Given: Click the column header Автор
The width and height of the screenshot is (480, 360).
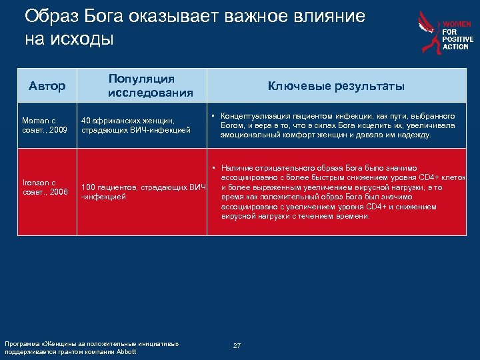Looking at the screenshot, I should (x=47, y=86).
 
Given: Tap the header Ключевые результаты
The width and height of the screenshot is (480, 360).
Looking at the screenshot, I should (x=336, y=86).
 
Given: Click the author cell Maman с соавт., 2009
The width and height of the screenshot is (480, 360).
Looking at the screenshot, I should (x=45, y=125).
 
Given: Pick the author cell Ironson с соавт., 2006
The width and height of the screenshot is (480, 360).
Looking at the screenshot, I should (x=45, y=187).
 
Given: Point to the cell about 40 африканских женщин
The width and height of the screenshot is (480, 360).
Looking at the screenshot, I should (x=136, y=125).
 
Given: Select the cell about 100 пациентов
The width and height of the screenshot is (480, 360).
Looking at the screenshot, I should (x=142, y=191).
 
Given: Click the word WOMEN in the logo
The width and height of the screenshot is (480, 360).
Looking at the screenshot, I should (x=457, y=24).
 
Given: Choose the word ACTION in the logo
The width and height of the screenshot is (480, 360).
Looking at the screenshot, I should (x=456, y=47).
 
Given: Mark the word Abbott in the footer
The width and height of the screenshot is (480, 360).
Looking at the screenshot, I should (x=125, y=351).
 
